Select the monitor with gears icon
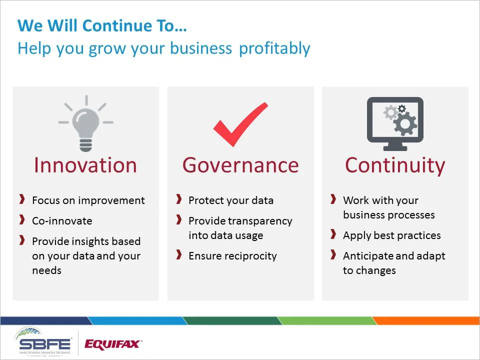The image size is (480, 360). tap(395, 123)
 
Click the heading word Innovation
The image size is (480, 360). tap(85, 165)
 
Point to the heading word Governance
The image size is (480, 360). tap(240, 165)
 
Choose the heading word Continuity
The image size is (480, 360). tap(395, 165)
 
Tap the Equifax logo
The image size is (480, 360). tap(113, 344)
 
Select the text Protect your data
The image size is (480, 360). tap(231, 200)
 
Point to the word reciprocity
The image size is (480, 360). tap(251, 256)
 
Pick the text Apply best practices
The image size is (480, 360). tap(392, 235)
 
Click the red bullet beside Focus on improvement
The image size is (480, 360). tap(22, 200)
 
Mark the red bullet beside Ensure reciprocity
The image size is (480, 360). tap(179, 255)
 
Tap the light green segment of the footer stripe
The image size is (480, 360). tap(325, 320)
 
